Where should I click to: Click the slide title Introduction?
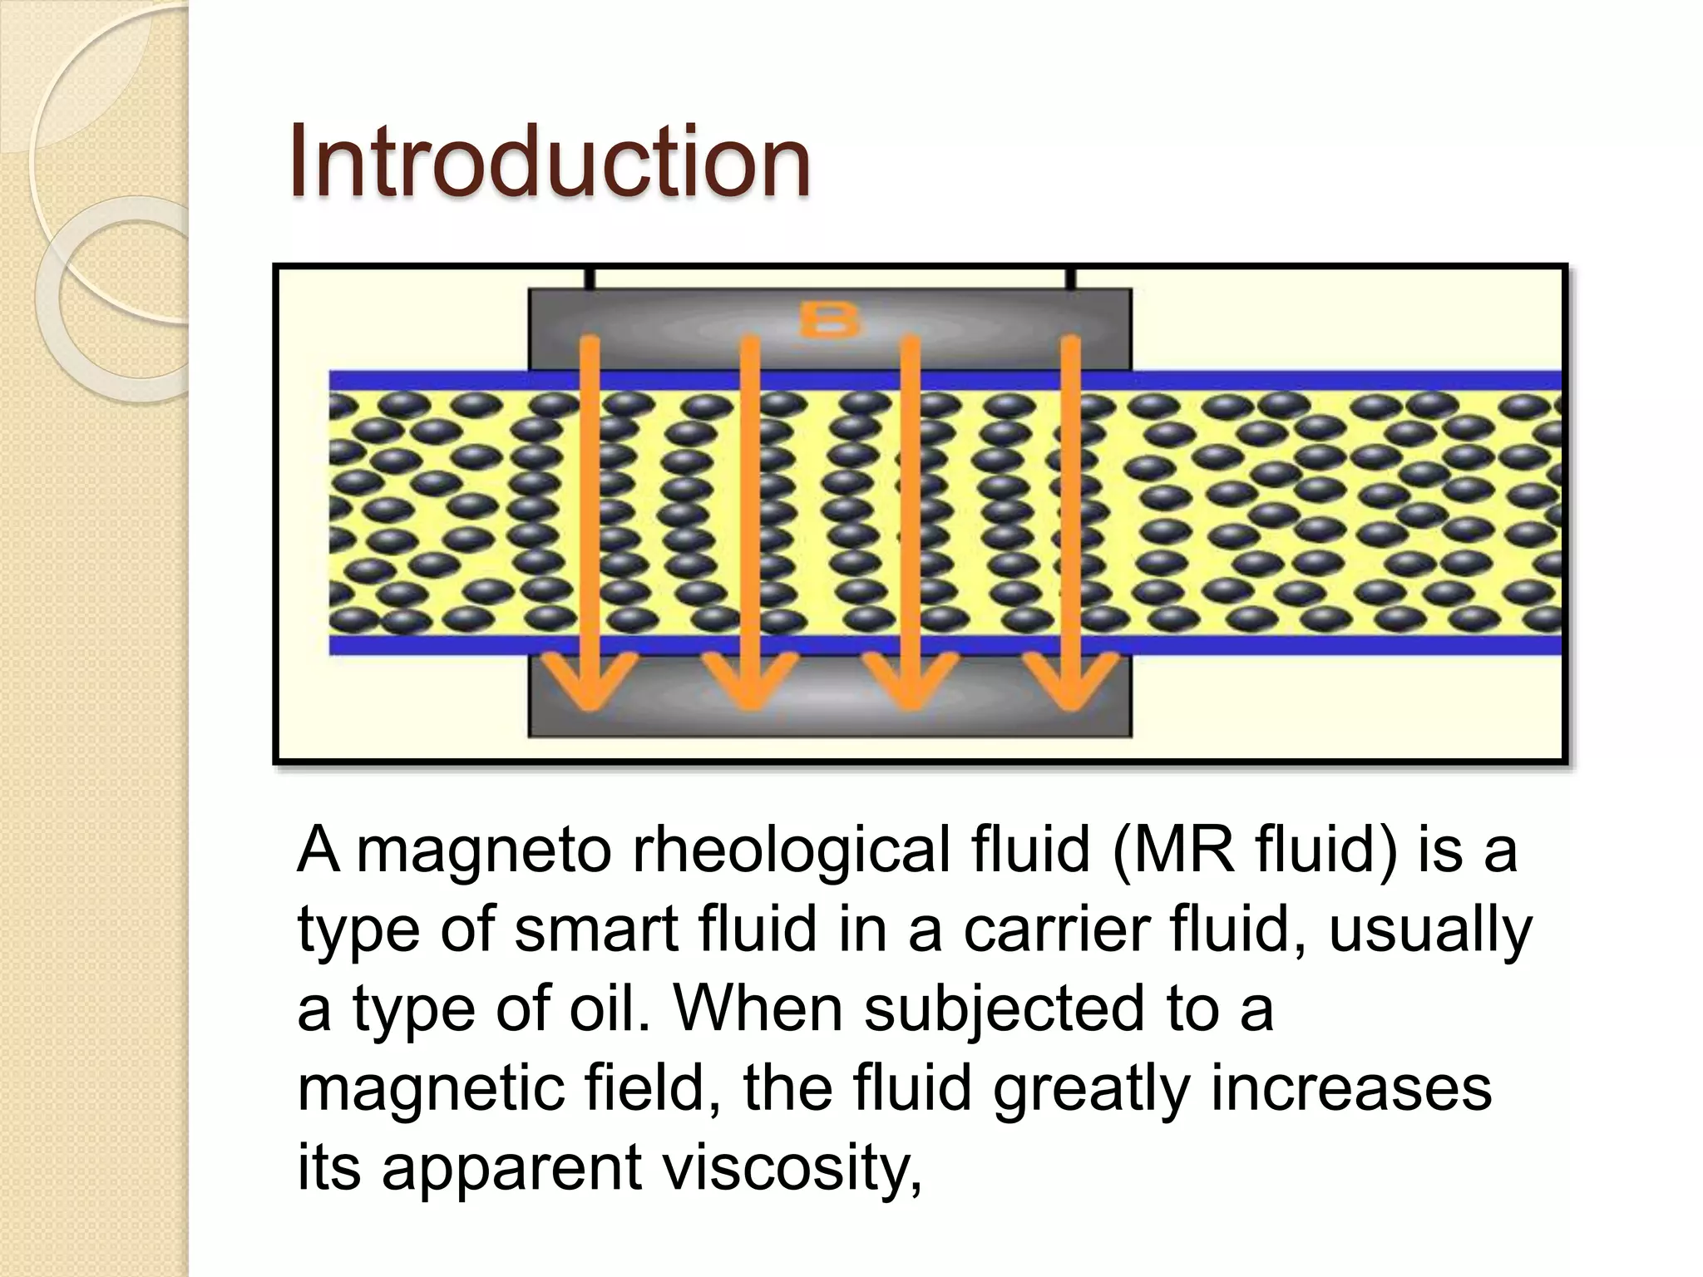[550, 161]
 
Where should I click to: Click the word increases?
[1350, 1087]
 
